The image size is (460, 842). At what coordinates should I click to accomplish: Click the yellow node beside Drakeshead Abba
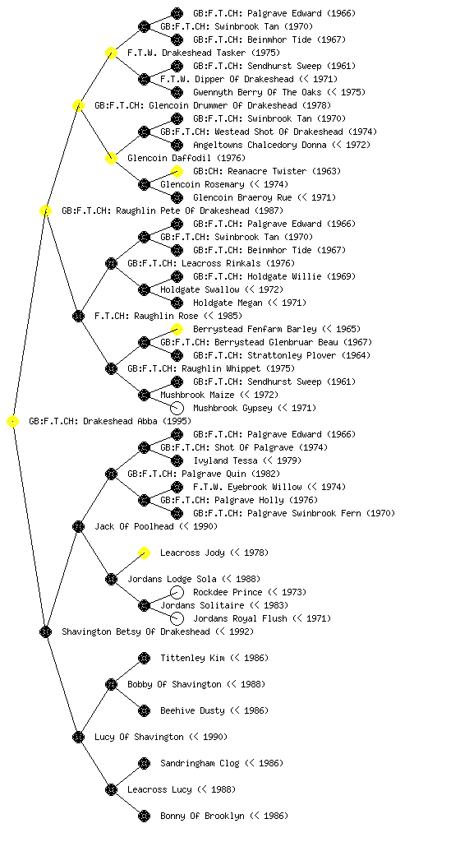13,422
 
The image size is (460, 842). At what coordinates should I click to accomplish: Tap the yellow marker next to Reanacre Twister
177,171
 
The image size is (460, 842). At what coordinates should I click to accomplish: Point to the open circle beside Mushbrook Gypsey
177,408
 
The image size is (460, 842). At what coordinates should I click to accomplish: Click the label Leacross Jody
192,553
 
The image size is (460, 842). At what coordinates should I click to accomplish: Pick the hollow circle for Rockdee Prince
177,592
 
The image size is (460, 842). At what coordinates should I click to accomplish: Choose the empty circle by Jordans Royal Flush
177,618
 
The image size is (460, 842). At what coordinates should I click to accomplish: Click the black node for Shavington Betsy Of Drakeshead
45,632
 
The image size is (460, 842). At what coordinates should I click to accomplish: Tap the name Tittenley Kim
192,659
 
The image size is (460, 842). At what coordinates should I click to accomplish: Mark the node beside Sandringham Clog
145,764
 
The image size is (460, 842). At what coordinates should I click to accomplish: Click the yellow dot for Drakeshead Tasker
111,53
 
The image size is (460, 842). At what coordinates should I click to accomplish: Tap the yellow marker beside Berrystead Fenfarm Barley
177,329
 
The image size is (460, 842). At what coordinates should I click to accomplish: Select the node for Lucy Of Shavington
78,738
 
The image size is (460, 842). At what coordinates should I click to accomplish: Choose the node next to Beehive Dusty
145,711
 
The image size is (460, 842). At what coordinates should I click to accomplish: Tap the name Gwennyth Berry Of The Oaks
257,92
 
